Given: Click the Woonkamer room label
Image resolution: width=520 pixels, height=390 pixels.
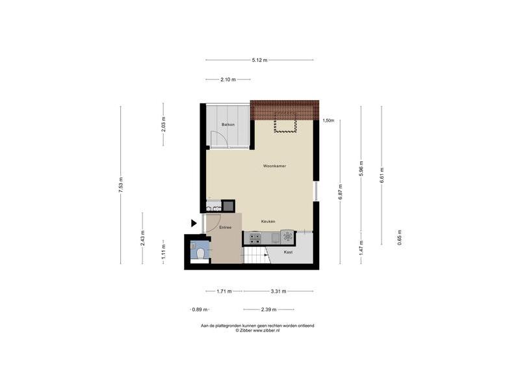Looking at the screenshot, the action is point(274,166).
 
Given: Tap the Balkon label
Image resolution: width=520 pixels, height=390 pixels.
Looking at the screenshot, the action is point(228,124).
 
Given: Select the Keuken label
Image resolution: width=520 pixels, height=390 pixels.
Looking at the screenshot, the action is point(268,221).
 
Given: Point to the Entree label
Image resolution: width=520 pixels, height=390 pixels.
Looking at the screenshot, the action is point(225,227).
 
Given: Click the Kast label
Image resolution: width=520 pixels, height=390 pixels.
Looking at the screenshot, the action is point(288,252).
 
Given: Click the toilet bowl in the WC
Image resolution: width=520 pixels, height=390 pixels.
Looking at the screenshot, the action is point(200,254).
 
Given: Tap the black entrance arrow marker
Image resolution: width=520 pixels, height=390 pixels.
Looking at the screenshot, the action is point(194,223).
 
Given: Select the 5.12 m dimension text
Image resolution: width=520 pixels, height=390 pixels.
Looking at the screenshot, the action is point(259,60).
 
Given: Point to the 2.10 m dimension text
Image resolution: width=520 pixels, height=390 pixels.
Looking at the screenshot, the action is point(228,79).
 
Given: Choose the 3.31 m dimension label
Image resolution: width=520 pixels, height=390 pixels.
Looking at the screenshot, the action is point(278,291).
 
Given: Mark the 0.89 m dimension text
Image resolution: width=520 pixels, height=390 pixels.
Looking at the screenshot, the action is point(200,309).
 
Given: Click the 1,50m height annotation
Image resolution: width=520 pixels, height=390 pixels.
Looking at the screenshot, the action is point(328,121).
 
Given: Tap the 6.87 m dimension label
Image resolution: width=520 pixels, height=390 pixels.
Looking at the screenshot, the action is point(340,192).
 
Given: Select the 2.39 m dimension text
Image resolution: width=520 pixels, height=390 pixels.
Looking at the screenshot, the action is point(268,309).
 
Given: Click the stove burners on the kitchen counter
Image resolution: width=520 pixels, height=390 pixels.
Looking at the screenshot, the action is point(255,239).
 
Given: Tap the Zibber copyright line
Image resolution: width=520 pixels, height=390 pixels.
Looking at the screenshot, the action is point(257,330).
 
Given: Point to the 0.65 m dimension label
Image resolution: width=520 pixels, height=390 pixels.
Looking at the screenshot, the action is point(400,237).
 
